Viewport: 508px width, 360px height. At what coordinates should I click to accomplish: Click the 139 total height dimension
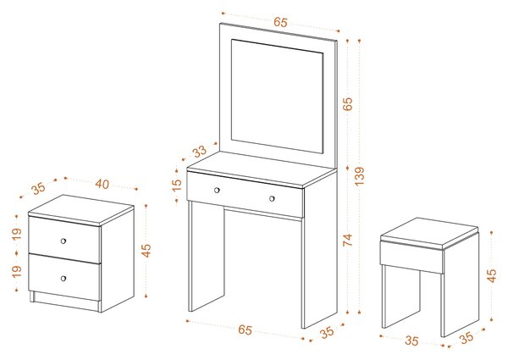[x=360, y=176]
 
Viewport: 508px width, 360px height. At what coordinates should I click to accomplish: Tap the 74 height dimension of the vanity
[x=348, y=240]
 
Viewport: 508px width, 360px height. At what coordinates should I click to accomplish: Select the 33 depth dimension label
[x=200, y=151]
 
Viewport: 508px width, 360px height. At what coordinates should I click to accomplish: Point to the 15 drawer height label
[x=177, y=186]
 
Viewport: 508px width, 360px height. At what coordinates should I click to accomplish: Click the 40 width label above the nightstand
[x=102, y=184]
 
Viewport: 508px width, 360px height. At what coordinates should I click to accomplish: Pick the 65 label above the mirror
[x=280, y=22]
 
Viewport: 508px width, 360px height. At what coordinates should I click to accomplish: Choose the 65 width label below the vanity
[x=245, y=330]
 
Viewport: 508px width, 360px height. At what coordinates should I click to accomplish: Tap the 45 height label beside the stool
[x=492, y=275]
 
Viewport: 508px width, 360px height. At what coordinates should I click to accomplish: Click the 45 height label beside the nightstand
[x=146, y=251]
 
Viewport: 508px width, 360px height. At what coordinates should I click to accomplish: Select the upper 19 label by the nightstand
[x=17, y=234]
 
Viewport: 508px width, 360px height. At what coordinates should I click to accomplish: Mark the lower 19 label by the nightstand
[x=17, y=272]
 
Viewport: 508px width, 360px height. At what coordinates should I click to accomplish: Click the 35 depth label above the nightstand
[x=39, y=188]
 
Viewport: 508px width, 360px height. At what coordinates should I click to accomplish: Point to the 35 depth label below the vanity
[x=327, y=332]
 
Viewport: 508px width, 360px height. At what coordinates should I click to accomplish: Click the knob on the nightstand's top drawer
[x=63, y=241]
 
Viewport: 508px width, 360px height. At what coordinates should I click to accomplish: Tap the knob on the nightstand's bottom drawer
[x=63, y=279]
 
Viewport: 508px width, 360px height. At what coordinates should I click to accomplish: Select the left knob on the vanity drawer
[x=217, y=191]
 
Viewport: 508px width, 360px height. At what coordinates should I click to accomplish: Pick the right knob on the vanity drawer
[x=272, y=198]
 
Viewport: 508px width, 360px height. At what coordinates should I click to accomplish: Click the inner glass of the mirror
[x=278, y=97]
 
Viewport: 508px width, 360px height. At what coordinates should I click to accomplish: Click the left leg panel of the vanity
[x=207, y=256]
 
